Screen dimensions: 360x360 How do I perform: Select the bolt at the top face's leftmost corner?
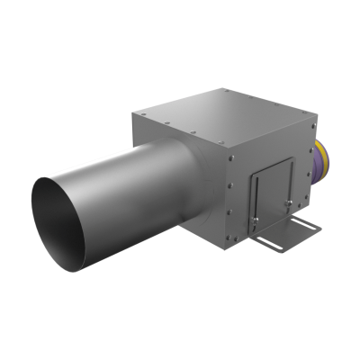139,113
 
